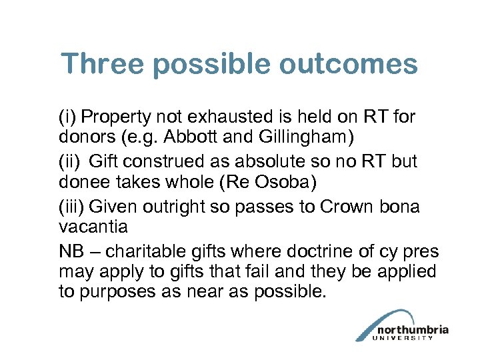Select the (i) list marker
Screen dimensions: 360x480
click(x=67, y=118)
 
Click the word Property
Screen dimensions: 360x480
click(x=115, y=118)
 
